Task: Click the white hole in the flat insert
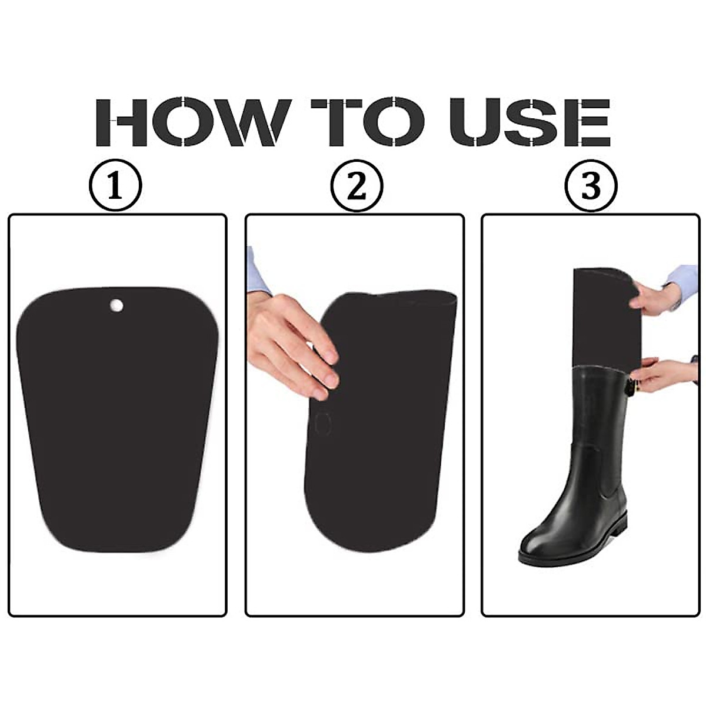116,305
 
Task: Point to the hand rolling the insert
291,347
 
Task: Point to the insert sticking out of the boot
603,318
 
